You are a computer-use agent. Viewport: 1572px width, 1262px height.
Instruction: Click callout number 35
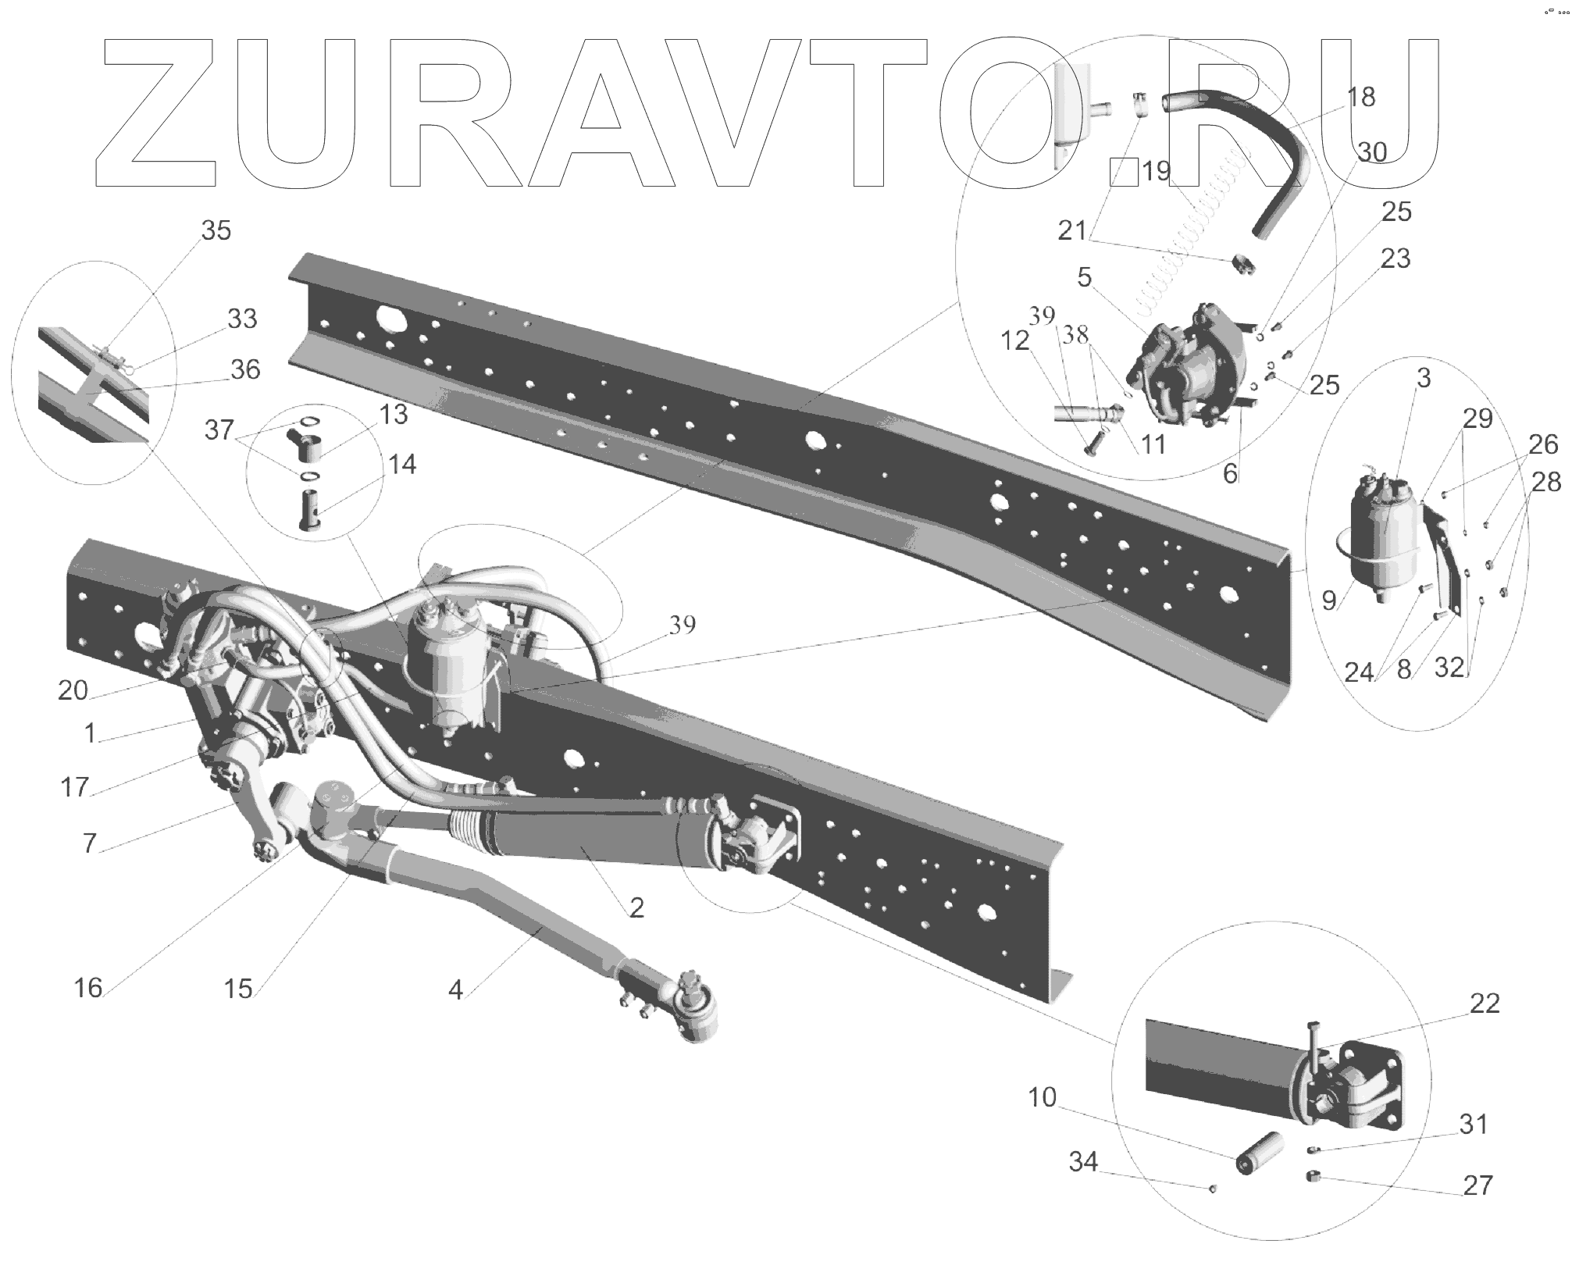pos(216,230)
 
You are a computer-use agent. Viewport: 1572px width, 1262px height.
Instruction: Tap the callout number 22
pos(1484,1003)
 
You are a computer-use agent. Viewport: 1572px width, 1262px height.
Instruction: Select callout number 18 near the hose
pos(1360,97)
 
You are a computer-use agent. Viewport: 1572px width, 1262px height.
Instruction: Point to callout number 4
pos(455,990)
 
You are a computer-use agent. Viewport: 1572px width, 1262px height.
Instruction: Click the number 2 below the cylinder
pos(636,907)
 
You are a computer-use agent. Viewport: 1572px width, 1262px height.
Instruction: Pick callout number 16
pos(88,988)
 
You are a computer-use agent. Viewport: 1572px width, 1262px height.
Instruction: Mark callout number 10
pos(1042,1097)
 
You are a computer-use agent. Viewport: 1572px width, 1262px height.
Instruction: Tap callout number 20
pos(73,690)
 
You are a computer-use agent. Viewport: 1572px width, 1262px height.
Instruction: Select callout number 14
pos(401,465)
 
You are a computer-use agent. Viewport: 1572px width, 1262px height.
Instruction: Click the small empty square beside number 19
pos(1125,171)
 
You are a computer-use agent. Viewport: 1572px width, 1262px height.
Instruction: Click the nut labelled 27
pos(1313,1198)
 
